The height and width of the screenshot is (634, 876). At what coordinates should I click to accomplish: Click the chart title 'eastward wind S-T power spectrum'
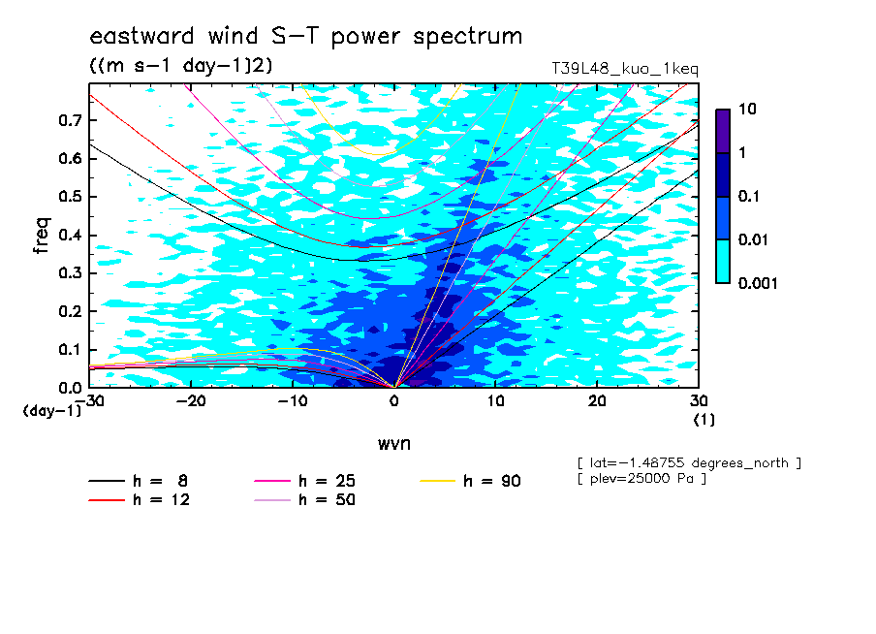click(305, 36)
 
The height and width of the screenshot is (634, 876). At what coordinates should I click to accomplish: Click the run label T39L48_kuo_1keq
click(625, 69)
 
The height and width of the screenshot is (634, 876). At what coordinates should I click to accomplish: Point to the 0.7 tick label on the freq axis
click(70, 120)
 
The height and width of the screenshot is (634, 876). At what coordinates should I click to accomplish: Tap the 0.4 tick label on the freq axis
click(70, 235)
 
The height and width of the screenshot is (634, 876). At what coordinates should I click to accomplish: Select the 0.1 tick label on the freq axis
click(70, 349)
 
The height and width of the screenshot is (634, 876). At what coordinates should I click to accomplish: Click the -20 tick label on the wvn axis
click(191, 401)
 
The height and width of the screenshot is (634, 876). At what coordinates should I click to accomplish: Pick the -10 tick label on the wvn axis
click(293, 401)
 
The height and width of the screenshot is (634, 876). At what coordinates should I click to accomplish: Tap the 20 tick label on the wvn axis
click(597, 401)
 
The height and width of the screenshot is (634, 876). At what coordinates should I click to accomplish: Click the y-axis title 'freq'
click(42, 236)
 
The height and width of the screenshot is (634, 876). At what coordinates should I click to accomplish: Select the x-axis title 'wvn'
click(394, 444)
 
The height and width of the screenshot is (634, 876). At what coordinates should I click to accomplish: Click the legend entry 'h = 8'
click(138, 481)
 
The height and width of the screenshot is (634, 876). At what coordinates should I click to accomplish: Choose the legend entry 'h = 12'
click(140, 500)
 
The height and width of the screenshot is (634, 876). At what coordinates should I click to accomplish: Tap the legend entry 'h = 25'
click(304, 481)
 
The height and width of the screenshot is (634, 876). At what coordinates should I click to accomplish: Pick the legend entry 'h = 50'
click(304, 500)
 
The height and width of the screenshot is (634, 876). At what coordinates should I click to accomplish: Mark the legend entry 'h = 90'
click(470, 481)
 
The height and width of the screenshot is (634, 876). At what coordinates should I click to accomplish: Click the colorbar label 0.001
click(758, 283)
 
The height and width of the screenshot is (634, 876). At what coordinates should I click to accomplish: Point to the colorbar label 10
click(747, 109)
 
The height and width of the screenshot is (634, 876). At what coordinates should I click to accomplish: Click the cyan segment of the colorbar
click(723, 262)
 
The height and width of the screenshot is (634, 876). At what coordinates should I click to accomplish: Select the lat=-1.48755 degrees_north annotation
click(689, 463)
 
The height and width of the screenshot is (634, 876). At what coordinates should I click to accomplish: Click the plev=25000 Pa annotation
click(641, 479)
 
